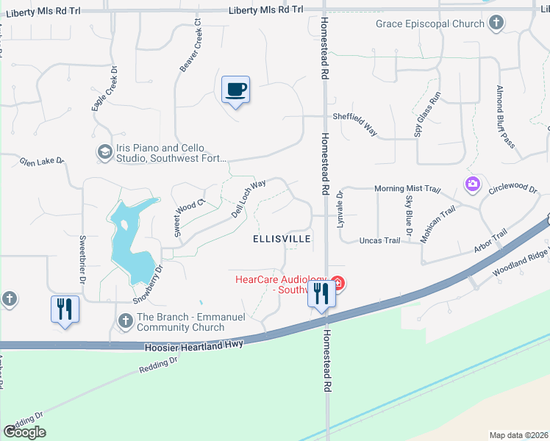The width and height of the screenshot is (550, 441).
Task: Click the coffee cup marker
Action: tap(235, 90)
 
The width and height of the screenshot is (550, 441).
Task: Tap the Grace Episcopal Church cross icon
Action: tap(496, 23)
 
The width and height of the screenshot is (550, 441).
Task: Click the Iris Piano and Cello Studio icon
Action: tap(104, 152)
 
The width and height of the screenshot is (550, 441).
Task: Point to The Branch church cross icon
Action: tap(126, 321)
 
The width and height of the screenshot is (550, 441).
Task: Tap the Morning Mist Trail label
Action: tap(407, 189)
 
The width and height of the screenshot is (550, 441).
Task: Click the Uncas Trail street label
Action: tap(379, 240)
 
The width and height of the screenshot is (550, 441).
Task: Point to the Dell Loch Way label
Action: tap(243, 194)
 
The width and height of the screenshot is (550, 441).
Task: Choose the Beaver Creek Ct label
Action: tap(190, 46)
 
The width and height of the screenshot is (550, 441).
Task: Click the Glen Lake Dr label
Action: tap(42, 161)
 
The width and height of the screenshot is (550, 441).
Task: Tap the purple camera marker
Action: tap(472, 182)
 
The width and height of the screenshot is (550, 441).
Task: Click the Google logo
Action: tap(24, 432)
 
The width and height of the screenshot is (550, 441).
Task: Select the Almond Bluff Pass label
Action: tap(505, 116)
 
